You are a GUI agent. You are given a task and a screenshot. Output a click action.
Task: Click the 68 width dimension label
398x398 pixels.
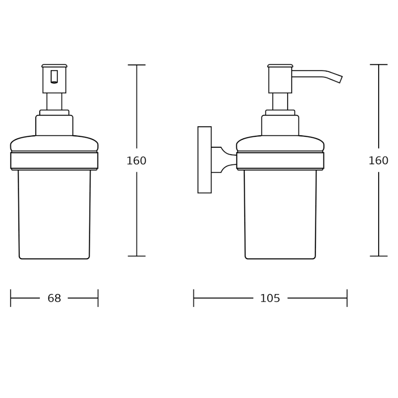pos(54,298)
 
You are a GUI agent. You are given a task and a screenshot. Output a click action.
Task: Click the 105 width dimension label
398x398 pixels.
pos(270,298)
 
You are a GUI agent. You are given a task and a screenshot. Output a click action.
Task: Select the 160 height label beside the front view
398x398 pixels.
pos(136,161)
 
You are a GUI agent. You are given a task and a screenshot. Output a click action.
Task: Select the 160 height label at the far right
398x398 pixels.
pos(378,161)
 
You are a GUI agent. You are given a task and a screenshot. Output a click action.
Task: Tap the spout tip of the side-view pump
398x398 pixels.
pos(340,79)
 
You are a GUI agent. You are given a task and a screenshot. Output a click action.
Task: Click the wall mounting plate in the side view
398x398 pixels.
pos(204,160)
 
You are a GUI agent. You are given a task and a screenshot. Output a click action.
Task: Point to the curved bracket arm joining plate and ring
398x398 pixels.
pos(224,160)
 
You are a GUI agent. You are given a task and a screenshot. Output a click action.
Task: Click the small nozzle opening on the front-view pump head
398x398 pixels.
pos(54,77)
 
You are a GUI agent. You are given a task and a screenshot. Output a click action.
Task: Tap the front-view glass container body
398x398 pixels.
pos(54,214)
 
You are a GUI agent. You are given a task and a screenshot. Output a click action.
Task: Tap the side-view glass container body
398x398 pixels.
pos(280,214)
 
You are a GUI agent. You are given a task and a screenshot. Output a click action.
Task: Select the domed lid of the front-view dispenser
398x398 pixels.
pos(54,144)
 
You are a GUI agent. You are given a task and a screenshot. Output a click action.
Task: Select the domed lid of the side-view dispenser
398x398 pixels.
pos(280,144)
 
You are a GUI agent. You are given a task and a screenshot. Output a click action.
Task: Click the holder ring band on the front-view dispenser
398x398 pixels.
pos(54,160)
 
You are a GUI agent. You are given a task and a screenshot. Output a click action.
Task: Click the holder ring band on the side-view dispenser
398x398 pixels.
pos(280,160)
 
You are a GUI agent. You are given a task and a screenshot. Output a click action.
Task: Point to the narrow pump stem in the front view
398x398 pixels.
pos(54,101)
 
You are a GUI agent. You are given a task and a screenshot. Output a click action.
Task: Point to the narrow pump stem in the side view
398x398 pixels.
pos(280,101)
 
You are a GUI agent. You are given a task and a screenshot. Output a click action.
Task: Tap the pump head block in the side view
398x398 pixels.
pos(280,80)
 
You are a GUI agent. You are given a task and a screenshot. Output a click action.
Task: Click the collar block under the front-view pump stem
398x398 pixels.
pos(54,125)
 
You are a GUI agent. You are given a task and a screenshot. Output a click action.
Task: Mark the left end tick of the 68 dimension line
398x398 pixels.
pos(10,298)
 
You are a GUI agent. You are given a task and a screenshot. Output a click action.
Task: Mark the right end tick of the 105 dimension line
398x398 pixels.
pos(347,298)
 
